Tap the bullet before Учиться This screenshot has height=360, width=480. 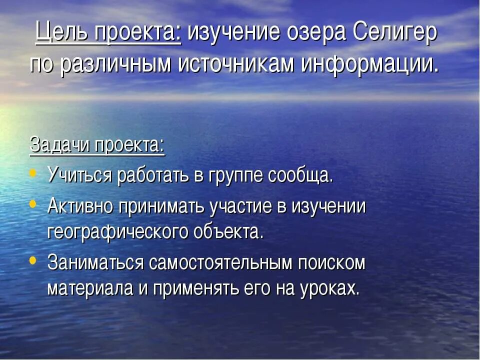(33, 173)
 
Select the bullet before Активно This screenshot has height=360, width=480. (33, 204)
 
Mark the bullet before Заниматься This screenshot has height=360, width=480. (33, 260)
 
